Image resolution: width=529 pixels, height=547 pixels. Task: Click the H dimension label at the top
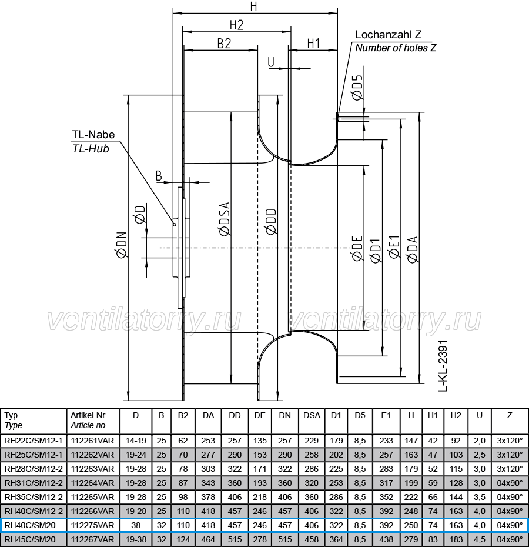tap(253, 6)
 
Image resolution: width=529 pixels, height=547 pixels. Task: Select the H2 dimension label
tap(236, 25)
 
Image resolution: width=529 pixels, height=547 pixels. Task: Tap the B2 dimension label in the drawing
tap(224, 44)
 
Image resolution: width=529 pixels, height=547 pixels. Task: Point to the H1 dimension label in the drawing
tap(313, 44)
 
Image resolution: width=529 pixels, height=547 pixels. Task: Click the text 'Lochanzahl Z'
tap(388, 35)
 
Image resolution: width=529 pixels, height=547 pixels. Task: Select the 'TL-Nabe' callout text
tap(93, 134)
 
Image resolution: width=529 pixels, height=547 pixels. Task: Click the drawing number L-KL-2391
tap(443, 366)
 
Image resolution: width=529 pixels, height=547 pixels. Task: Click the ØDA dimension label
tap(413, 249)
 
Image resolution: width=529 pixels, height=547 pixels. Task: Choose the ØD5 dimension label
tap(357, 88)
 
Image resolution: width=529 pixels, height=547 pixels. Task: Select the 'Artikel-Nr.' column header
tap(89, 415)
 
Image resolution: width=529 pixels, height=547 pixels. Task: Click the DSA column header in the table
tap(312, 415)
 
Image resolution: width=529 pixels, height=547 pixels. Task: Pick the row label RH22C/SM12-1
tap(34, 441)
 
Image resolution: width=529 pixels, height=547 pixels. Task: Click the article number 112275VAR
tap(92, 525)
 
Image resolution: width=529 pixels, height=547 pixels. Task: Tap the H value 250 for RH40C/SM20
tap(411, 525)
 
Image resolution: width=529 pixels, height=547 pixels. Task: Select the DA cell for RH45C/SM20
tap(208, 539)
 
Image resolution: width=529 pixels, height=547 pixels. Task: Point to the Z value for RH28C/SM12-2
tap(510, 469)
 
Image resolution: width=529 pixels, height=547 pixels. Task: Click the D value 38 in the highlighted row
tap(136, 525)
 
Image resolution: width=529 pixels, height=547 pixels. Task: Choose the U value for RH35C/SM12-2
tap(480, 497)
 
